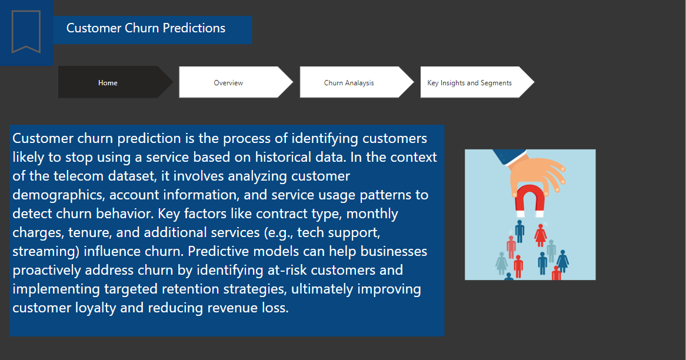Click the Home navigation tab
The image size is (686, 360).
(x=108, y=83)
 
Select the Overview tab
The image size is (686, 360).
(x=228, y=83)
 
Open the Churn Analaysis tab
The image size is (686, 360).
(x=349, y=83)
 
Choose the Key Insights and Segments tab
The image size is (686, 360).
(x=469, y=83)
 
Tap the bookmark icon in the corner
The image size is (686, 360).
(x=26, y=32)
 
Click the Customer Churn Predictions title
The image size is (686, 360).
(x=146, y=28)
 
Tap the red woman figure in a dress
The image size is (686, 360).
(x=540, y=235)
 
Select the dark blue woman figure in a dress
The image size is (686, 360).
(x=562, y=260)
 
